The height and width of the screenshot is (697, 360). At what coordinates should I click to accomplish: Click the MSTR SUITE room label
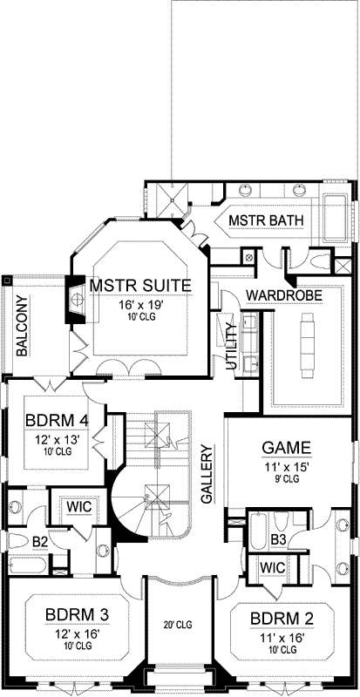click(x=139, y=287)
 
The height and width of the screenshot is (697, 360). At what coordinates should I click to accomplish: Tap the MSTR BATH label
click(x=266, y=221)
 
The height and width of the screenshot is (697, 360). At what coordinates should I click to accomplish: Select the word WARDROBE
click(x=284, y=296)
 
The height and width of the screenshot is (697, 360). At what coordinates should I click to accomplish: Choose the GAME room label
click(x=287, y=448)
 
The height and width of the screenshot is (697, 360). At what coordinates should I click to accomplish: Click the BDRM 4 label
click(x=56, y=419)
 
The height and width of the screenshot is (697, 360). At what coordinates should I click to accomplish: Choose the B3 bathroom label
click(x=278, y=540)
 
